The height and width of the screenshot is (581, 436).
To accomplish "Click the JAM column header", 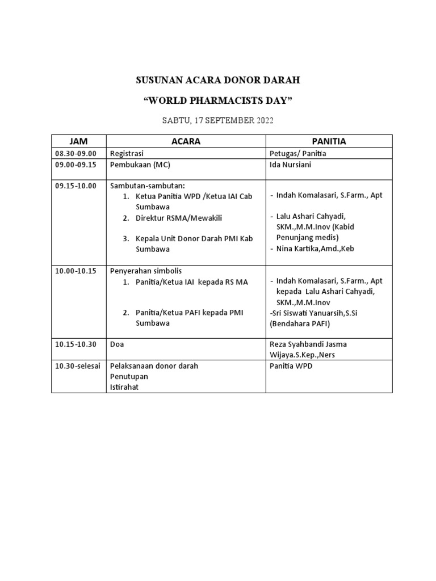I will tap(78, 141).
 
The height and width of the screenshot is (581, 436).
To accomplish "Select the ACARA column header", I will tap(186, 141).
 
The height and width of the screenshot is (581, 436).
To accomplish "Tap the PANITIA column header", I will tap(329, 141).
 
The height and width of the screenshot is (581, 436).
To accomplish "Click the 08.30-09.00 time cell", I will tap(76, 154).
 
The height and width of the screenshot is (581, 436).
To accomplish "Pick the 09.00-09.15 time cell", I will tap(76, 165).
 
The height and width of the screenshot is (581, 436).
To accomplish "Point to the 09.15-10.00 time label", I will tap(76, 186).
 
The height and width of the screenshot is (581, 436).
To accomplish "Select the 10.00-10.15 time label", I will tap(76, 271).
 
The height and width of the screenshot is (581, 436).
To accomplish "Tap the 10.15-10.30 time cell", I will tap(76, 344).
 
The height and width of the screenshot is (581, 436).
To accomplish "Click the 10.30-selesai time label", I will tap(77, 366).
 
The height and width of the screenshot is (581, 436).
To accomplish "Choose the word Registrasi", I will tap(127, 154).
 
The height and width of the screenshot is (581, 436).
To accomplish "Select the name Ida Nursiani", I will tap(291, 165).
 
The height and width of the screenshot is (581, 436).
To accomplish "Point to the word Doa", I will tap(116, 344).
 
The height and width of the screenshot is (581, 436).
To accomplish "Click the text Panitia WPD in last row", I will tap(291, 366).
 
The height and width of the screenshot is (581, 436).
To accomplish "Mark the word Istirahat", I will tap(125, 387).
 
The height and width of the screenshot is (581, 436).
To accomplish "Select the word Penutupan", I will tap(128, 377).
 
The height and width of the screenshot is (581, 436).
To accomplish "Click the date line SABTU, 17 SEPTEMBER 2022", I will tap(218, 120).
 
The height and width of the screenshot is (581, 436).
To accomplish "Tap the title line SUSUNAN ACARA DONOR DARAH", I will tap(218, 81).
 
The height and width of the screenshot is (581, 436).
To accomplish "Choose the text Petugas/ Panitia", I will tap(298, 154).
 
